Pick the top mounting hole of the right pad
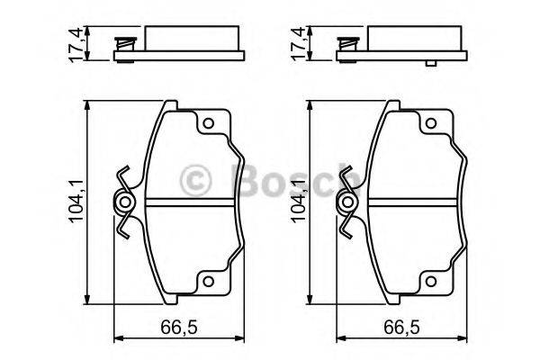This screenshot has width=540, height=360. tap(429, 125)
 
